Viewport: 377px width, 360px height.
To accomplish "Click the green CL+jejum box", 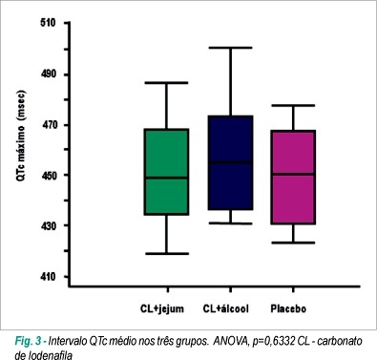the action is click(x=166, y=172).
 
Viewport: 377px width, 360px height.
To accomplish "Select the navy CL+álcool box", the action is click(x=231, y=162).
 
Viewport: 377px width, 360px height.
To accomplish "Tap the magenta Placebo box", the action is click(x=293, y=178).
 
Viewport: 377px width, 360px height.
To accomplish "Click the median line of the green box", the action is click(x=166, y=178).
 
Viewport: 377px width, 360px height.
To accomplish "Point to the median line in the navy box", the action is click(x=231, y=162).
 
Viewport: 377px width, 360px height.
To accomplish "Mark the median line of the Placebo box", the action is click(x=293, y=174).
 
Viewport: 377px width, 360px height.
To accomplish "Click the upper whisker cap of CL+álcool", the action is click(x=231, y=48).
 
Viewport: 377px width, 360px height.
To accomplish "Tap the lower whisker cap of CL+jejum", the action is click(x=166, y=254).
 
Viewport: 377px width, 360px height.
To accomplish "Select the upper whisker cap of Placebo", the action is click(x=293, y=105).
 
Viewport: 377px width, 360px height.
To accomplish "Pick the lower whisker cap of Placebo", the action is click(x=293, y=243).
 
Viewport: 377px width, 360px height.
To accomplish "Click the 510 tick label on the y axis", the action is click(x=48, y=23).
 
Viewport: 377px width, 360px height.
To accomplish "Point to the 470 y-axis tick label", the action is click(x=50, y=125).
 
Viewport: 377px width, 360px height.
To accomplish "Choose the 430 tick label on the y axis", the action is click(x=50, y=225).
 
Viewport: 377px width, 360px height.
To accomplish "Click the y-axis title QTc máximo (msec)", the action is click(x=21, y=136).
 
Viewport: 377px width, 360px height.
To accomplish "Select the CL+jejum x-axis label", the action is click(x=162, y=308).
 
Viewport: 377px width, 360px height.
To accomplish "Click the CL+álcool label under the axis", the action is click(x=225, y=308).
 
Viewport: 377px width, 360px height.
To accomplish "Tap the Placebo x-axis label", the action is click(x=288, y=308).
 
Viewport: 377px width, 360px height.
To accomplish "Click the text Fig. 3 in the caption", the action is click(x=28, y=342).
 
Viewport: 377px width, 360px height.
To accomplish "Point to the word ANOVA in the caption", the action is click(x=230, y=342).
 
